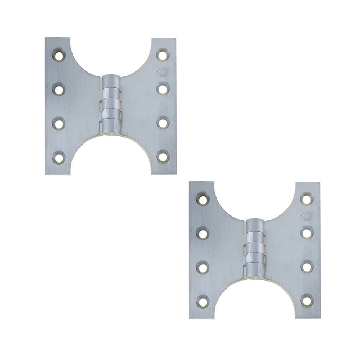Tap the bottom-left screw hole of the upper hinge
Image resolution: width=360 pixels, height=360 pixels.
61,156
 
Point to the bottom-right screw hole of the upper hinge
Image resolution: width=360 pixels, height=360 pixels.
163,156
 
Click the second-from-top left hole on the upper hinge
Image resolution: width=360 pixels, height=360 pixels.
61,88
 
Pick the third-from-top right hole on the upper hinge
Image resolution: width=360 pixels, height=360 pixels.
163,122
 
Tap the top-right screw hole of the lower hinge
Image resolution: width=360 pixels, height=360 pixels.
307,197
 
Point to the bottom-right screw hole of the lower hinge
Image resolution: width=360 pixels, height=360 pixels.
307,300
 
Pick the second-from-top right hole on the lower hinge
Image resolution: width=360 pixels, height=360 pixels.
307,232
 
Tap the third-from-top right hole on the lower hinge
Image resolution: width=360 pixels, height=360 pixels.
307,266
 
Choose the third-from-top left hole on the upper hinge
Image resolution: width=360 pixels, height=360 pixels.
61,122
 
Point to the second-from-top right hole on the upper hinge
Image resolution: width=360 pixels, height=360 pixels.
163,88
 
